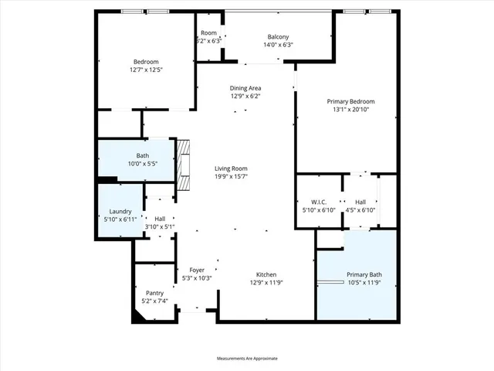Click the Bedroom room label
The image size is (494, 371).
146,62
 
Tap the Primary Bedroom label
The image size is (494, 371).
350,101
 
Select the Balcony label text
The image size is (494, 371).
278,37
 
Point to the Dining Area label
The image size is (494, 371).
245,88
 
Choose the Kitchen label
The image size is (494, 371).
266,274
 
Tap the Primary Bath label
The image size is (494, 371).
364,274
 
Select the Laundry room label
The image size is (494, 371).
120,211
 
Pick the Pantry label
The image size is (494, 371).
154,293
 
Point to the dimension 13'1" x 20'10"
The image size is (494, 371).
350,109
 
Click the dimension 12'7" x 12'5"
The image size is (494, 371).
146,70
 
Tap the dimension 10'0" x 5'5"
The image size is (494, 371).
142,163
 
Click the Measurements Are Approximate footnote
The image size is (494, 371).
247,359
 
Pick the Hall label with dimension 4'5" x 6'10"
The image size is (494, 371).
360,203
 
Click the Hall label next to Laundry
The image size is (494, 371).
160,219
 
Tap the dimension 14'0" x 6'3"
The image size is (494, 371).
278,45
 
